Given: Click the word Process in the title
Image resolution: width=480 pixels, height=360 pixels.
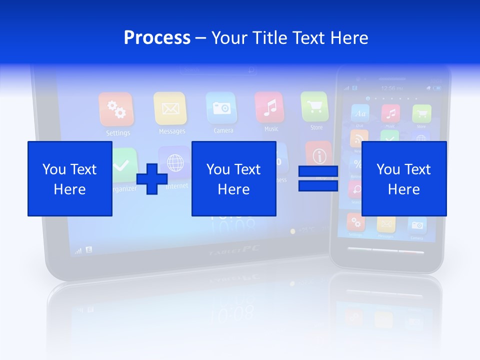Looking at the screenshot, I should (x=157, y=37).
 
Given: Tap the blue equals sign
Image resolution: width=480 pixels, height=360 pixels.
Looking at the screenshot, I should (x=318, y=178).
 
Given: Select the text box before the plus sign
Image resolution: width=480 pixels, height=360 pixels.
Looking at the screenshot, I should (x=70, y=178).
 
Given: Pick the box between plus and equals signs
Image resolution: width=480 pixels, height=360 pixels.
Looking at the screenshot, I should (x=233, y=178).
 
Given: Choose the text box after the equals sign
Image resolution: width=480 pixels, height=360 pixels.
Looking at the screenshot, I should (x=403, y=178).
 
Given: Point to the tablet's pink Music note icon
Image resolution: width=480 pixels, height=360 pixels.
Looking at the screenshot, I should (x=269, y=106).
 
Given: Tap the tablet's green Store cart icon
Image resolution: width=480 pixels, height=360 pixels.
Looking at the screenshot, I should (x=314, y=105).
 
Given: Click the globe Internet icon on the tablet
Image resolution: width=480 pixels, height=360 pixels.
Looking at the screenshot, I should (x=174, y=162).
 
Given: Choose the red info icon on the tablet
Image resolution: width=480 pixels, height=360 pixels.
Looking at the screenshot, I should (x=318, y=154).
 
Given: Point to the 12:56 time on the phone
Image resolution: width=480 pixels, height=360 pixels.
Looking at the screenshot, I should (x=388, y=88).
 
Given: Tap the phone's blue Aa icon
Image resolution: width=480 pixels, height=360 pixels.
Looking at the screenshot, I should (x=360, y=113).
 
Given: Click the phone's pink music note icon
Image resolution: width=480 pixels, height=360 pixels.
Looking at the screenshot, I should (x=390, y=113).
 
